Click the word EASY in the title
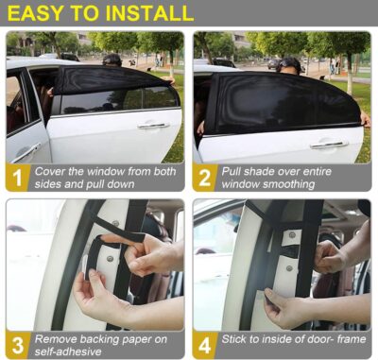[38, 13]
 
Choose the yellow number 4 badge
[204, 344]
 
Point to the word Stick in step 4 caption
[235, 337]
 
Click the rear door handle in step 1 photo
[151, 125]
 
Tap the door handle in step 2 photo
[329, 144]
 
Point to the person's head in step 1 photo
[112, 60]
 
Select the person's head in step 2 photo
[290, 64]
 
